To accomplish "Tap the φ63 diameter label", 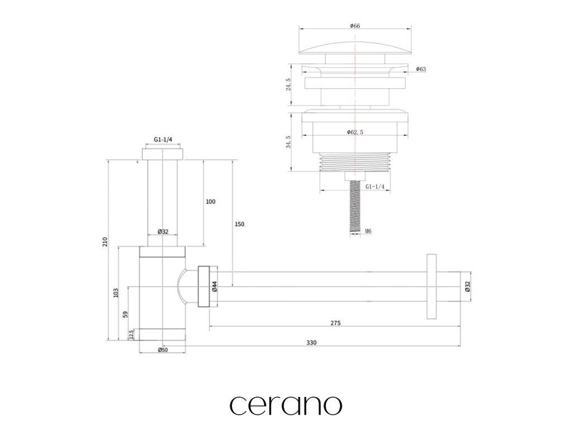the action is [x=421, y=69].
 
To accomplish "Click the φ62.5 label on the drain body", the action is [x=355, y=132].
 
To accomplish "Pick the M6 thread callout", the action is [x=368, y=231].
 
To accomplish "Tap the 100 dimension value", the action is [x=211, y=202].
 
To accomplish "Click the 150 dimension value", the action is [x=239, y=224].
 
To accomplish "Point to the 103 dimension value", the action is [x=116, y=292].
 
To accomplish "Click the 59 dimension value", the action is [x=125, y=314].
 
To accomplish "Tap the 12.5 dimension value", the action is [x=131, y=335].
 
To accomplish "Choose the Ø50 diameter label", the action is [x=163, y=350].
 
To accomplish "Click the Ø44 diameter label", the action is [x=214, y=287].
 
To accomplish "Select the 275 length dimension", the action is [x=335, y=323].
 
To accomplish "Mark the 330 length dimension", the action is [x=311, y=343].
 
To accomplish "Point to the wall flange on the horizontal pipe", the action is [x=431, y=287].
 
